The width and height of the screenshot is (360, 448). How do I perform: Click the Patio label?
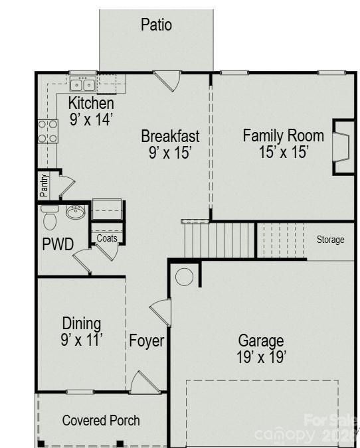pyautogui.click(x=156, y=25)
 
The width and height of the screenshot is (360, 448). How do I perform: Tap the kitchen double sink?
pyautogui.click(x=84, y=84)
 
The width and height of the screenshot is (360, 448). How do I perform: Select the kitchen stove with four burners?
pyautogui.click(x=47, y=131)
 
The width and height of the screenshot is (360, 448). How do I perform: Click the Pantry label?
pyautogui.click(x=44, y=186)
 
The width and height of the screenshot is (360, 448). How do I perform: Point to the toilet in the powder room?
pyautogui.click(x=50, y=217)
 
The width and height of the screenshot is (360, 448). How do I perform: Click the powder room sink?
pyautogui.click(x=75, y=213)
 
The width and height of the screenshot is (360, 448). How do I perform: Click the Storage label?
pyautogui.click(x=330, y=240)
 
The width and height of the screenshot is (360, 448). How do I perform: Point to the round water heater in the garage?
pyautogui.click(x=185, y=277)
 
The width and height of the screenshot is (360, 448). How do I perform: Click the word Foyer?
pyautogui.click(x=146, y=341)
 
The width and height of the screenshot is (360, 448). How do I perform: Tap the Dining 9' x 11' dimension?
pyautogui.click(x=82, y=340)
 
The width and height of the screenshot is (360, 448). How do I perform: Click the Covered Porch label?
pyautogui.click(x=101, y=420)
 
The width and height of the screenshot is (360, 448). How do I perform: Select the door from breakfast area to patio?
pyautogui.click(x=167, y=81)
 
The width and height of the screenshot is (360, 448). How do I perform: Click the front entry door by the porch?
pyautogui.click(x=143, y=383)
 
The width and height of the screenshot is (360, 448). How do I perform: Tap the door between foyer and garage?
pyautogui.click(x=161, y=312)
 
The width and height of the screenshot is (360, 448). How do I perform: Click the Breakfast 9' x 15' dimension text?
pyautogui.click(x=170, y=152)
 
